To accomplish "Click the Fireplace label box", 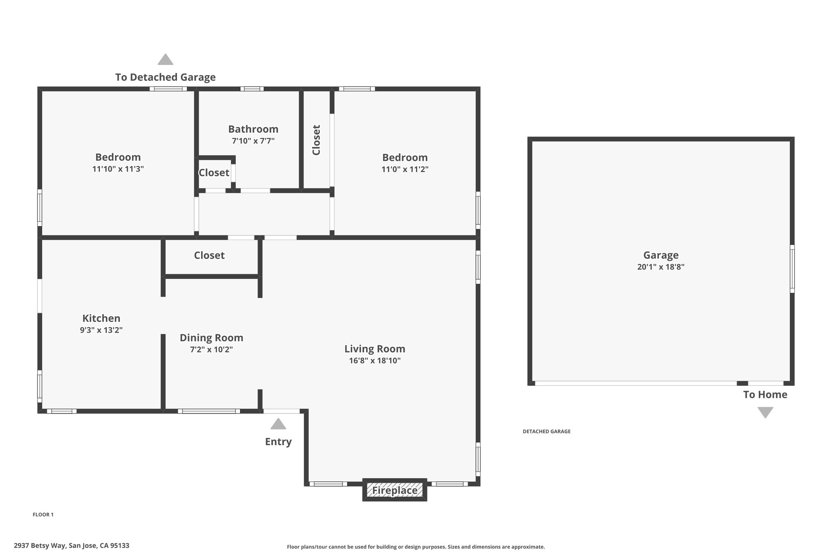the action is tap(394, 490).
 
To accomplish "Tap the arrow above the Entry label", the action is tap(278, 424).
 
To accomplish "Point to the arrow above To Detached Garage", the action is tap(165, 59).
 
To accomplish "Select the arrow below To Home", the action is tap(765, 413).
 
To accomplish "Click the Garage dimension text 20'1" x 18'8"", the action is tap(661, 267).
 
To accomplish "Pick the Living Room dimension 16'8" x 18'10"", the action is tap(375, 361).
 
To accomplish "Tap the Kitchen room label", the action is tap(101, 318).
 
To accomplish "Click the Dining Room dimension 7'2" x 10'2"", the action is tap(211, 350).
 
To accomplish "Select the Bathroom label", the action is tap(253, 129).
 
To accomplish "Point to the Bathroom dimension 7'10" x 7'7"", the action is tap(253, 141).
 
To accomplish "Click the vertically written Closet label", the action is tap(316, 140).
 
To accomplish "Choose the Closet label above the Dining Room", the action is tap(209, 255).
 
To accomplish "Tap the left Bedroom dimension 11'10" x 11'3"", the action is tap(118, 169).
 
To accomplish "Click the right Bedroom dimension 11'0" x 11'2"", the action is tap(405, 169).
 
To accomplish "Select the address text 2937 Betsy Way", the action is tap(40, 546).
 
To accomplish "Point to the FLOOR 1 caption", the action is tap(43, 515).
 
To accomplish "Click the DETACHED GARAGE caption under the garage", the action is tap(547, 431).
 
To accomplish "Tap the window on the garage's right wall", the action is tap(792, 269).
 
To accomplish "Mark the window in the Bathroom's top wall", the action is tap(252, 89).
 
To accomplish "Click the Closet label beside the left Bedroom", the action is tap(214, 173).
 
